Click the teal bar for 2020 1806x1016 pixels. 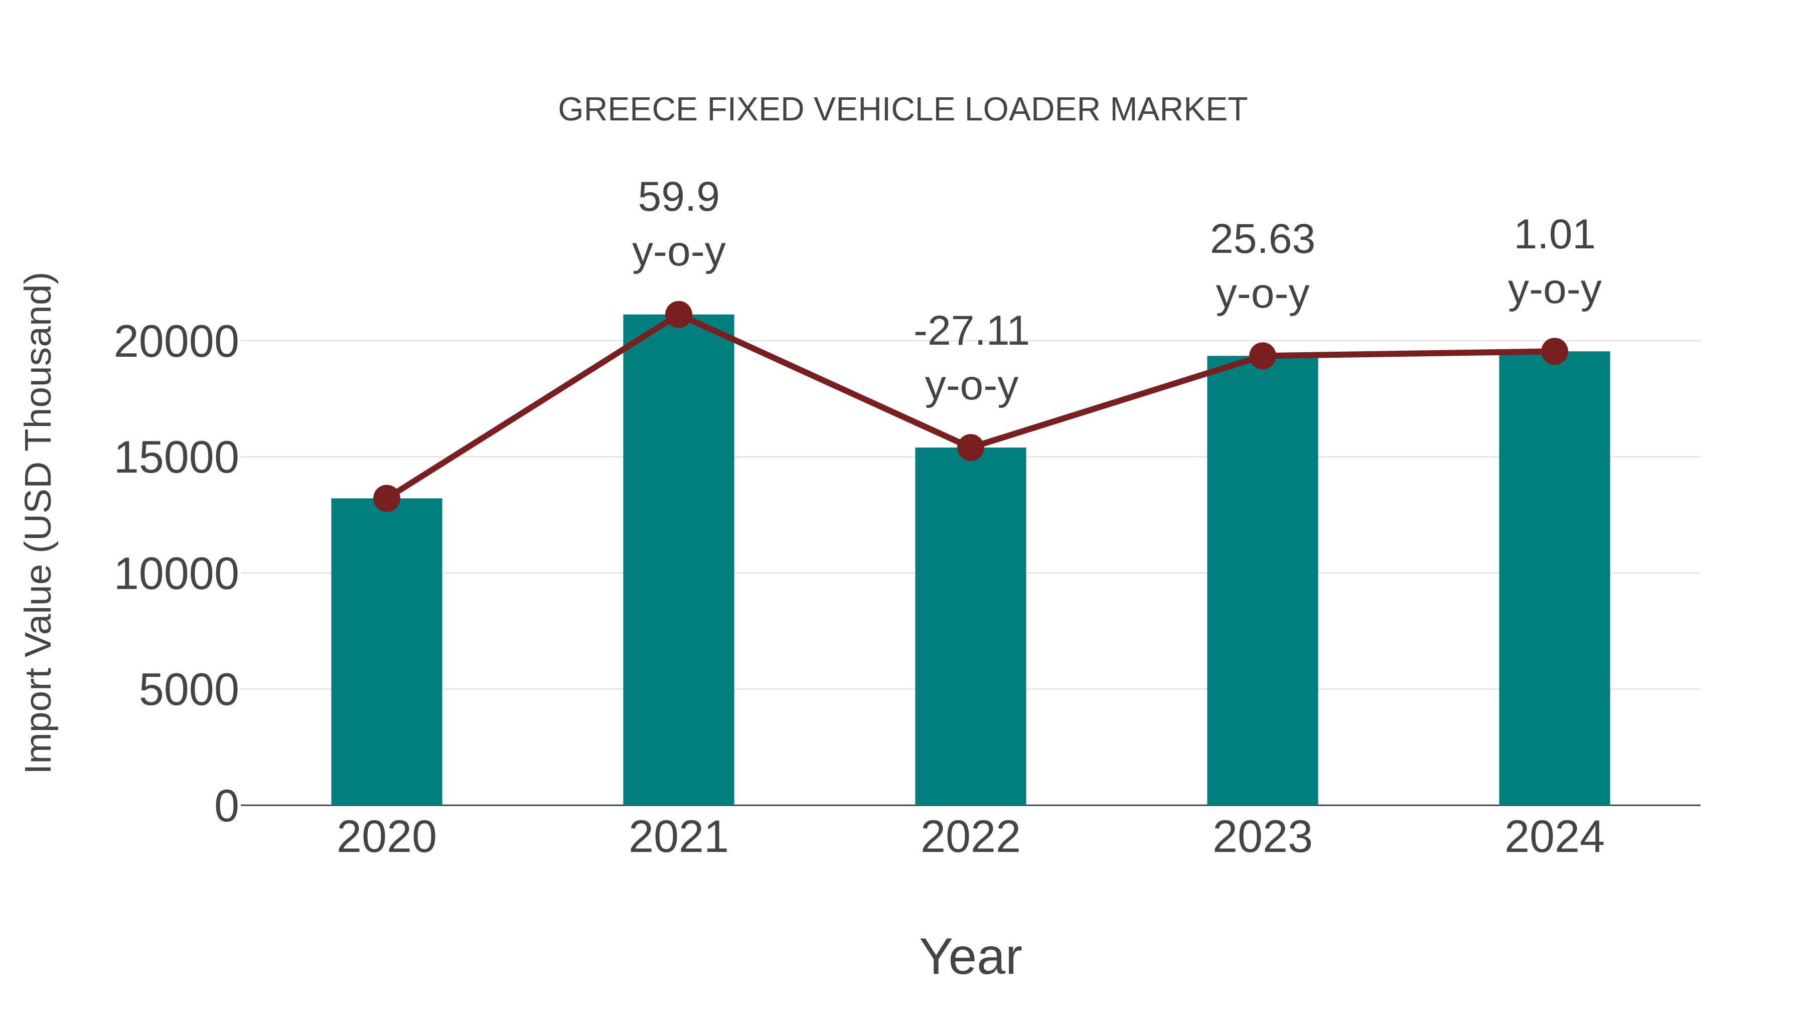(386, 652)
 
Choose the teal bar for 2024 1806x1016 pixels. (1554, 578)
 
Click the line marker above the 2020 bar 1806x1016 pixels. (386, 499)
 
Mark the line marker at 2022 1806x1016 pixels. (970, 448)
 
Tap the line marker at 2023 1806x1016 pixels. (1262, 356)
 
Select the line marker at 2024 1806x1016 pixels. (1554, 351)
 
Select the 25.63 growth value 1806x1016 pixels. (1262, 240)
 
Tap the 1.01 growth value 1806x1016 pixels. (1554, 235)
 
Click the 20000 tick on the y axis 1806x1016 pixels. (176, 342)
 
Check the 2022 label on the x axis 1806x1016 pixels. (970, 837)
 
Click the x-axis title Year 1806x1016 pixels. (970, 956)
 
